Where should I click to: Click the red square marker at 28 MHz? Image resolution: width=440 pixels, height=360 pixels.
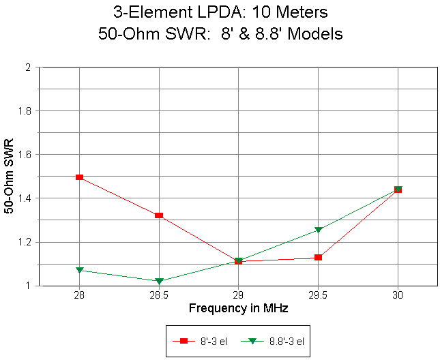click(80, 177)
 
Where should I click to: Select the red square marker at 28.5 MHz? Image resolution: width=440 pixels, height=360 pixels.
click(159, 215)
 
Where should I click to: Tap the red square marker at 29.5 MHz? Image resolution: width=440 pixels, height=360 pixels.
click(318, 257)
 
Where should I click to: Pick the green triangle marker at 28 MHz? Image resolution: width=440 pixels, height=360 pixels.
click(80, 271)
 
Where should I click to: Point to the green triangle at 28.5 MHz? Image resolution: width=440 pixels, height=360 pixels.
click(159, 281)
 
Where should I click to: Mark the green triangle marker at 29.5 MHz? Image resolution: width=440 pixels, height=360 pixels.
click(318, 230)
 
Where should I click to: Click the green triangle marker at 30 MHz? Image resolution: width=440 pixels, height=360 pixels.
click(398, 190)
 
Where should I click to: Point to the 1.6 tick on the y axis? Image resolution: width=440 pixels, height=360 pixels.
click(27, 155)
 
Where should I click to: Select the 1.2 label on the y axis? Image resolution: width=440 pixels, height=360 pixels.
click(27, 242)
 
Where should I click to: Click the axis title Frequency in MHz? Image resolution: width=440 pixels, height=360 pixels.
click(238, 309)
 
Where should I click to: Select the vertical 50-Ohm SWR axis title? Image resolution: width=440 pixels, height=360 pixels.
click(10, 177)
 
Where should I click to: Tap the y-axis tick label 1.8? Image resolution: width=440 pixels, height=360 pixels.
click(27, 111)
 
